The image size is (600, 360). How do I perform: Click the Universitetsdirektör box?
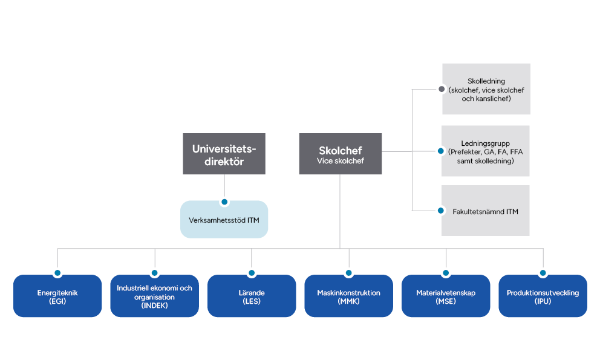pyautogui.click(x=224, y=154)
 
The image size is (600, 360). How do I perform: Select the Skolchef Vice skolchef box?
pyautogui.click(x=341, y=154)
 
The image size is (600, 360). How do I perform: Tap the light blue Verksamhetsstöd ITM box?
pyautogui.click(x=224, y=220)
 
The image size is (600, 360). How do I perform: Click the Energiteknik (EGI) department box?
pyautogui.click(x=57, y=296)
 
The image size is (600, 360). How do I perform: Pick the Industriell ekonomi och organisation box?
pyautogui.click(x=154, y=296)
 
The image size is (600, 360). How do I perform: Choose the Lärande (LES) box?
pyautogui.click(x=252, y=296)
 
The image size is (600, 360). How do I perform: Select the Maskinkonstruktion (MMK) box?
pyautogui.click(x=348, y=296)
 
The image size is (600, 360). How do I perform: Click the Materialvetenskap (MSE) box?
pyautogui.click(x=446, y=296)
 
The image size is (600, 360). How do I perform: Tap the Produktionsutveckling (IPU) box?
pyautogui.click(x=543, y=296)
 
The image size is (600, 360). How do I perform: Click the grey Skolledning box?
pyautogui.click(x=486, y=89)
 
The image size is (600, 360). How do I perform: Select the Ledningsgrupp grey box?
pyautogui.click(x=486, y=151)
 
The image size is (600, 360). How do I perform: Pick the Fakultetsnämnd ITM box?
pyautogui.click(x=486, y=211)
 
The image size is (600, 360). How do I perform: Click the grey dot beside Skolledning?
pyautogui.click(x=441, y=89)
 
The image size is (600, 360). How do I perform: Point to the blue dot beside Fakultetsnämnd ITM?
pyautogui.click(x=441, y=211)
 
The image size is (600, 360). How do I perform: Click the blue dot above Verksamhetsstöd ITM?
pyautogui.click(x=224, y=201)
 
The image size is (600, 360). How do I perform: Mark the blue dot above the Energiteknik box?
pyautogui.click(x=57, y=273)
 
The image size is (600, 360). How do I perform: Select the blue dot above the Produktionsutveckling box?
pyautogui.click(x=543, y=273)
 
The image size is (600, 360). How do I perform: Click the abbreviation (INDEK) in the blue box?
pyautogui.click(x=154, y=306)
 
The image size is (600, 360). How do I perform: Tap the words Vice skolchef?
pyautogui.click(x=341, y=161)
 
